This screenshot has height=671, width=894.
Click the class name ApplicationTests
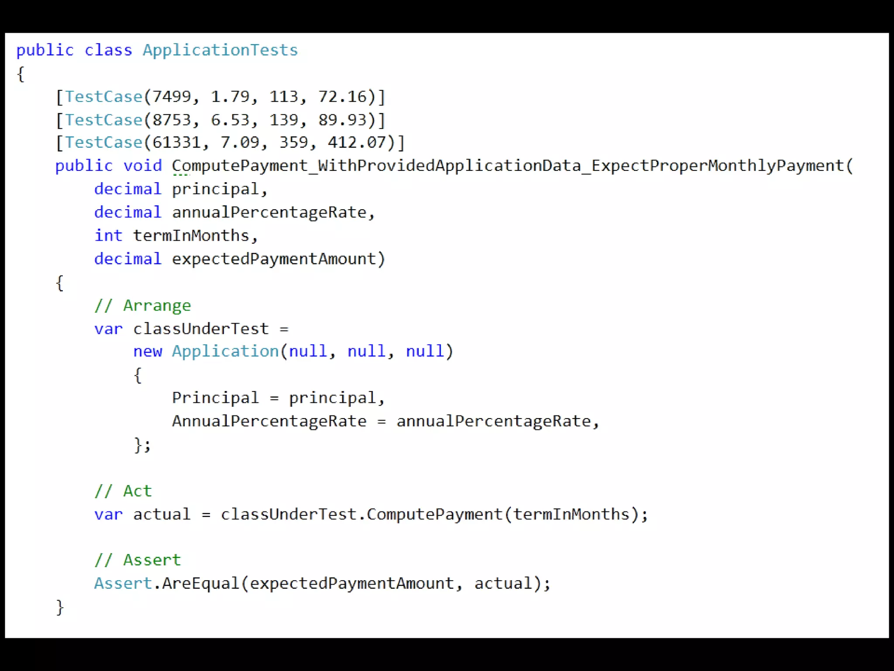220,50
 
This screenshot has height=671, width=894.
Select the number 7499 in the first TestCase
172,97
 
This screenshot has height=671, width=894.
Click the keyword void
142,166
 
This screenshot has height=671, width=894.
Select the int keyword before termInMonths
108,235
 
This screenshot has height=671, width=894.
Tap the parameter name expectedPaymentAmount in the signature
274,259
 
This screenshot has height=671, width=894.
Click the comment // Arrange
143,305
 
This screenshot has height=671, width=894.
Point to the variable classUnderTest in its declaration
201,329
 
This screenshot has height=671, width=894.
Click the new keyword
148,351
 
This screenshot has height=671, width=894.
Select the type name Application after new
225,351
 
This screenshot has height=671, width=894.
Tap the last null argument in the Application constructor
425,351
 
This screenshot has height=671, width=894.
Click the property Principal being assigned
215,398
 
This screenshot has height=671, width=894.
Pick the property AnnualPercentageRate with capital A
269,421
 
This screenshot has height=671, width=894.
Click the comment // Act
123,491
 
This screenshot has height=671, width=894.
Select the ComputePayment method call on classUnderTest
434,515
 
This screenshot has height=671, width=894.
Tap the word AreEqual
200,584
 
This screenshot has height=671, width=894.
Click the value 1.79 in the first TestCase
230,97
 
